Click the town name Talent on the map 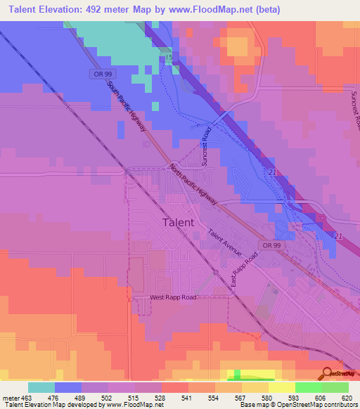pyautogui.click(x=179, y=222)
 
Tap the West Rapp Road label pyautogui.click(x=173, y=297)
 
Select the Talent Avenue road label pyautogui.click(x=224, y=242)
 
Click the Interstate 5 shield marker pyautogui.click(x=169, y=56)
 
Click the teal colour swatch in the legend pyautogui.click(x=41, y=387)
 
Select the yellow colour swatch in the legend pyautogui.click(x=281, y=387)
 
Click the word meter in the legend pyautogui.click(x=11, y=397)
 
